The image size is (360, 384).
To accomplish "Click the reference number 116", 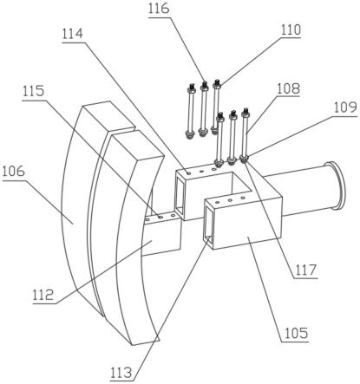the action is point(159,9).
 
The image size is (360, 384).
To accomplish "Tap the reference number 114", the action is point(73,34).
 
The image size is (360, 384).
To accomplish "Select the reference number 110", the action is point(291,29).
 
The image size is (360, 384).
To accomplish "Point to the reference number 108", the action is point(288,88).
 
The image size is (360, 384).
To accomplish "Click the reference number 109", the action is point(345,107).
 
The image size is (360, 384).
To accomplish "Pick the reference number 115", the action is point(34,91).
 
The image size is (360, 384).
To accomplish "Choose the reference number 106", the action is point(14,172).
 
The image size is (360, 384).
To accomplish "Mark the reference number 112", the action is point(43,296).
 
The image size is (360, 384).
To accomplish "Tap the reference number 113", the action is point(121,373).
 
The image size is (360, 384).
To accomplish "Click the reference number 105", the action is point(297,333).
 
